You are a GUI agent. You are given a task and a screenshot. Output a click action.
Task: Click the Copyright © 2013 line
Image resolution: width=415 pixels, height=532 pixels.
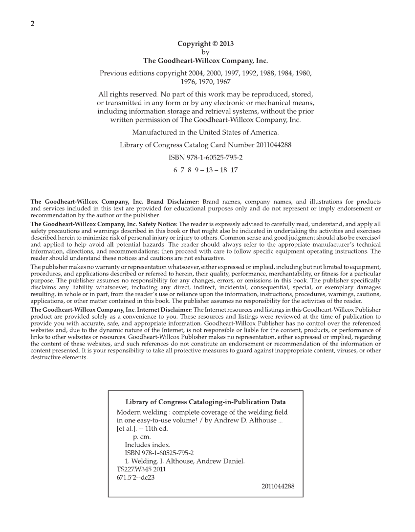pyautogui.click(x=205, y=44)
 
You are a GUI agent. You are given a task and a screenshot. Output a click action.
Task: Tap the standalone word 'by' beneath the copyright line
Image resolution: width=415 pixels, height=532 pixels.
pyautogui.click(x=205, y=52)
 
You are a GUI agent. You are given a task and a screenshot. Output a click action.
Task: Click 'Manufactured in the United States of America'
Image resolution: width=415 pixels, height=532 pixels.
pyautogui.click(x=205, y=132)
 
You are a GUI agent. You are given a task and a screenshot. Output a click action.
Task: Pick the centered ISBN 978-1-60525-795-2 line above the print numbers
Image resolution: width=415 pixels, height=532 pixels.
pyautogui.click(x=205, y=158)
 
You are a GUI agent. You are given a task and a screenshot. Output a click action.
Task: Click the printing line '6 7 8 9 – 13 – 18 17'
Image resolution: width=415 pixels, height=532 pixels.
pyautogui.click(x=205, y=170)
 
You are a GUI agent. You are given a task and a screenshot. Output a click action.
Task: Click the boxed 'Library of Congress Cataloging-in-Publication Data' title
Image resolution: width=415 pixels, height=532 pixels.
pyautogui.click(x=205, y=402)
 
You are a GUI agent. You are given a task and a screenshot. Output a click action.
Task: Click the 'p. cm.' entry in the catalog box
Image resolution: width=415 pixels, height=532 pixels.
pyautogui.click(x=142, y=437)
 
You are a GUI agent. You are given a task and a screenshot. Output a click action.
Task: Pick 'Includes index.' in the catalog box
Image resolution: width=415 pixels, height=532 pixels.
pyautogui.click(x=148, y=445)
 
